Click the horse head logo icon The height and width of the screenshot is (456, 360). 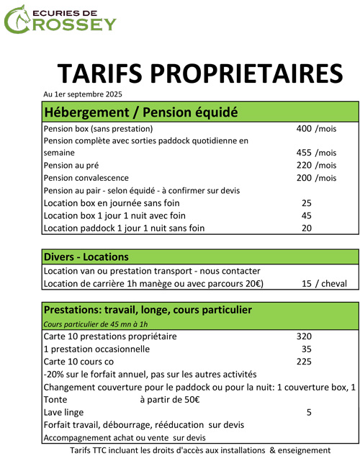tap(14, 18)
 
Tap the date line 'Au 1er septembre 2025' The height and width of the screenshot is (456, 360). tap(83, 94)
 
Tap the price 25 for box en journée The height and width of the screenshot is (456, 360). tap(307, 203)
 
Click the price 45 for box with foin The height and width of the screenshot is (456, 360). tap(307, 215)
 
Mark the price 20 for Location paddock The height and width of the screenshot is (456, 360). tap(307, 228)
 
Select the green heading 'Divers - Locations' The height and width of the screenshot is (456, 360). tap(86, 257)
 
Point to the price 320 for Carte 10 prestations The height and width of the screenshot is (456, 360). tap(304, 336)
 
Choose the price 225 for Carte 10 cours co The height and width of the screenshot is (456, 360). tap(304, 362)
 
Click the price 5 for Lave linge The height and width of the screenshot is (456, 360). tap(309, 413)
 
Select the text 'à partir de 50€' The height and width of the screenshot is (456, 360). tap(170, 400)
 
